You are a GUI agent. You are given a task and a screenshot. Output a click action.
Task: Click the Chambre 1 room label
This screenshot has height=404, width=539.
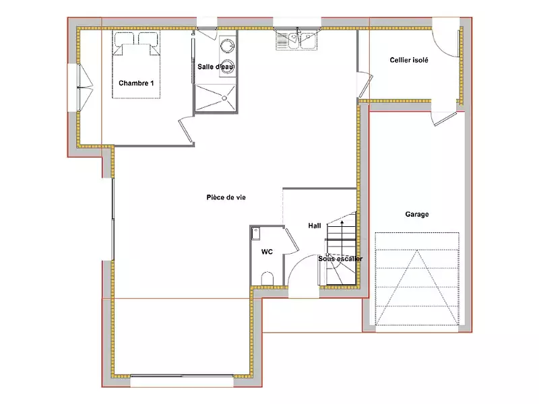136,83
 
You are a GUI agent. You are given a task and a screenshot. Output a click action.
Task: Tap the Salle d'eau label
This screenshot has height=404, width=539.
216,67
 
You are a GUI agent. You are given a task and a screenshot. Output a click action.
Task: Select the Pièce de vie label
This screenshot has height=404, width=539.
226,197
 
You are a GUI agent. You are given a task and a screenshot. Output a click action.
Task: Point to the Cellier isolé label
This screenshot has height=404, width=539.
409,60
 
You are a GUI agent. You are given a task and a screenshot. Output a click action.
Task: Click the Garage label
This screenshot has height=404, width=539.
416,214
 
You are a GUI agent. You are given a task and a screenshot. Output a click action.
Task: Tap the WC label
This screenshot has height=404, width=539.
267,252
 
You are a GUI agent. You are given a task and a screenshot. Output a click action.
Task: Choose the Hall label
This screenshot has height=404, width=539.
315,226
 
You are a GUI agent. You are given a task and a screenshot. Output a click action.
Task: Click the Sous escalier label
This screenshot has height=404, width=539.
340,259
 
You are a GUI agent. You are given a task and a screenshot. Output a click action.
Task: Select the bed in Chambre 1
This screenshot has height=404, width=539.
136,65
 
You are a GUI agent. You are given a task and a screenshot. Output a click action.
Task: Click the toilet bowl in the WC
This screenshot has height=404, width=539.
267,279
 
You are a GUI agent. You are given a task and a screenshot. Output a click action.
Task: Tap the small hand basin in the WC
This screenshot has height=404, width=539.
256,234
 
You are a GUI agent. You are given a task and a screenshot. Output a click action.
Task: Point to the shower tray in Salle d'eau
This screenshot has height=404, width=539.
216,98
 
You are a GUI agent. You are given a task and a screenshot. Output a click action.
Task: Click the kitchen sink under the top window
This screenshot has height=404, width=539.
297,40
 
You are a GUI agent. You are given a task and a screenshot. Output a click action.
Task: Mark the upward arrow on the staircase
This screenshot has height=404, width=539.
342,250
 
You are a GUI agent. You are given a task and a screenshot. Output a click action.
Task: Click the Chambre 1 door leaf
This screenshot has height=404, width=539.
186,130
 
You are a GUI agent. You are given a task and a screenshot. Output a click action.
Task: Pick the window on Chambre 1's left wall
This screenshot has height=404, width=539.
80,88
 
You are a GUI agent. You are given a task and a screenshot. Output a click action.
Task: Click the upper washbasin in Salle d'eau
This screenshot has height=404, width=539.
227,45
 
